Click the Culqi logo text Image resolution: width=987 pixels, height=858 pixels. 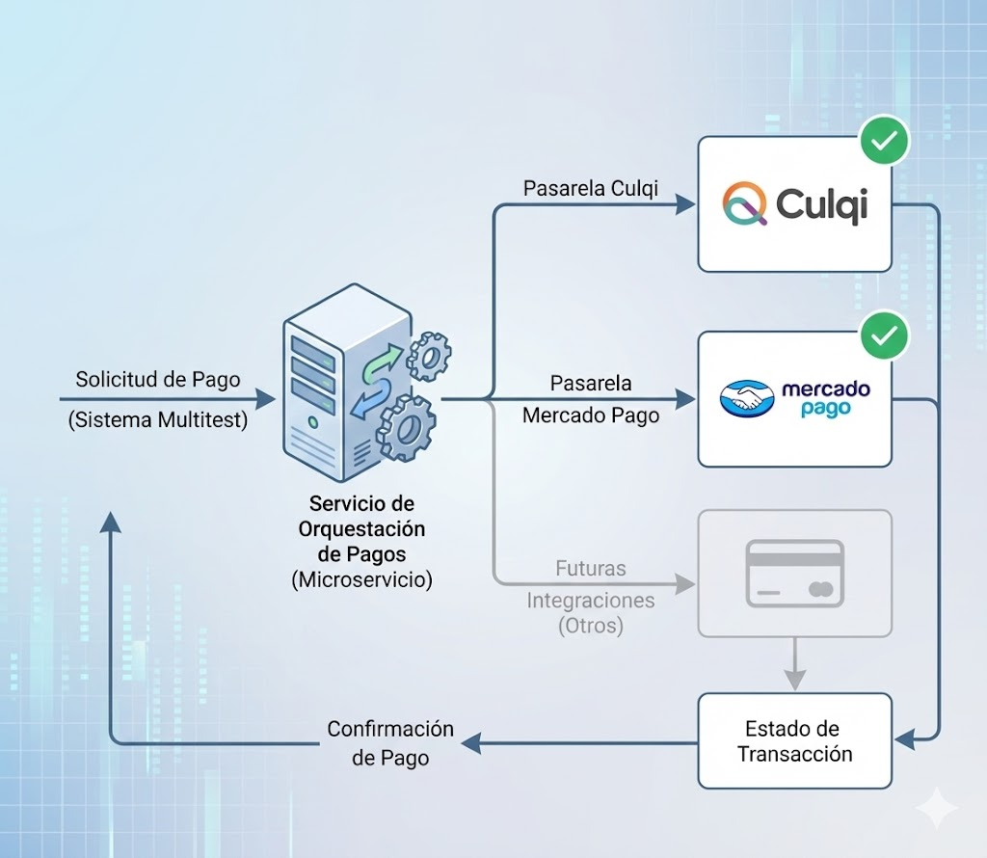821,204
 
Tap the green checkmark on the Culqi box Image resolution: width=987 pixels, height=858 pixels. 884,141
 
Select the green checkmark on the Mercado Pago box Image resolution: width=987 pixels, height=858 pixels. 884,335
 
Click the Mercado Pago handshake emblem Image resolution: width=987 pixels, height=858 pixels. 747,399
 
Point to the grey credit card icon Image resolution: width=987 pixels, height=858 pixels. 794,574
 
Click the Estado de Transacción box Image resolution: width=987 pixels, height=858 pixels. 794,740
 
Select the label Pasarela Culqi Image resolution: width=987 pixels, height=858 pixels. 590,188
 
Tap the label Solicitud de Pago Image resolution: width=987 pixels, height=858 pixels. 158,379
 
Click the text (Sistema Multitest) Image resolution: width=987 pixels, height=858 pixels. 158,420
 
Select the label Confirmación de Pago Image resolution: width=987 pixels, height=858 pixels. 389,743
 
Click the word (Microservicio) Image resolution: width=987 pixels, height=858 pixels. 361,579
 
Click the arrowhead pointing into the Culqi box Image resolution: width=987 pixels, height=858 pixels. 685,204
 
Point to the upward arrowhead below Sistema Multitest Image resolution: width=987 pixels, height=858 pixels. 111,522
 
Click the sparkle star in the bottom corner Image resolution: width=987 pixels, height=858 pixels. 936,807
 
